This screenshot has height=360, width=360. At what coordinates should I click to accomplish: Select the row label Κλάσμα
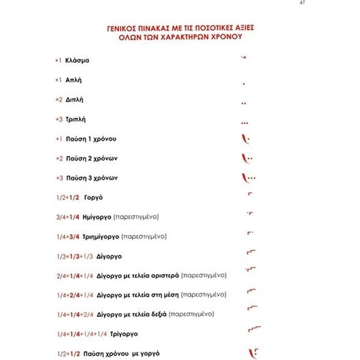coord(77,61)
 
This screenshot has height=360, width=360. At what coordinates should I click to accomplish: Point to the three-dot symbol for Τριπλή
coord(244,123)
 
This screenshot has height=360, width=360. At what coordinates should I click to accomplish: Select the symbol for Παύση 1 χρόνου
coord(245,140)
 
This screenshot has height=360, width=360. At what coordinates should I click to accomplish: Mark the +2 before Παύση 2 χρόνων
coord(58,158)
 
